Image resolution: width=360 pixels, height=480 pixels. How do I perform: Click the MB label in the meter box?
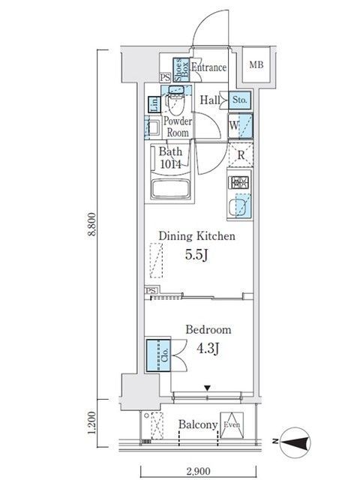(x=256, y=65)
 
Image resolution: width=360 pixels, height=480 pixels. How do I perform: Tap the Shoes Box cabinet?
(x=181, y=70)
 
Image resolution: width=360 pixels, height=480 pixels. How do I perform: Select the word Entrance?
(x=209, y=67)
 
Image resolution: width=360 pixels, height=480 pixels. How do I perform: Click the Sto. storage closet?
(x=240, y=100)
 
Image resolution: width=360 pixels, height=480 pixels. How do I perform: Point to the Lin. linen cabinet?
(x=154, y=104)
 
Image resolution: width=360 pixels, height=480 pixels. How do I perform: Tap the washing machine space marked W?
(x=240, y=125)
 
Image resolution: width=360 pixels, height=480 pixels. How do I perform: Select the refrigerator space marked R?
(x=241, y=155)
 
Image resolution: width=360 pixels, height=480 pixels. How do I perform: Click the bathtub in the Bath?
(x=170, y=189)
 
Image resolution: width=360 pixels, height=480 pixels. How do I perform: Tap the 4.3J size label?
(x=208, y=348)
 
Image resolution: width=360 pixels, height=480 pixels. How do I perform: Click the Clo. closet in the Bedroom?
(x=158, y=355)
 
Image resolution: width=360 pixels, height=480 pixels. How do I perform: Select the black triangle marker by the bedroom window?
(x=208, y=388)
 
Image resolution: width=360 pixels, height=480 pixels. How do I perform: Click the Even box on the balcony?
(x=232, y=425)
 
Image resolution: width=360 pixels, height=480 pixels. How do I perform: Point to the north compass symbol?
(x=295, y=442)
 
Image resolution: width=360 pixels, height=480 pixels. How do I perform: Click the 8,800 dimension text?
(x=91, y=224)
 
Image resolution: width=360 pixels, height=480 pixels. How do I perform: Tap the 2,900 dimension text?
(x=198, y=471)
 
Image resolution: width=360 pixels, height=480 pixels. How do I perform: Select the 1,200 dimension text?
(x=91, y=423)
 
